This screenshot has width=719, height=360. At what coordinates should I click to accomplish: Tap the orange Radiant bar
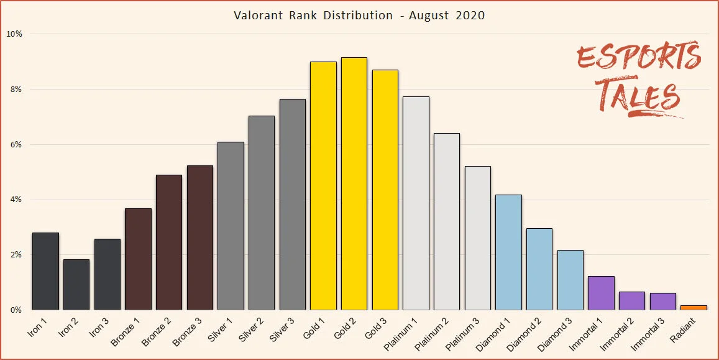point(694,307)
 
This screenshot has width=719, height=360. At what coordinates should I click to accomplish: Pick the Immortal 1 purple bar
point(601,293)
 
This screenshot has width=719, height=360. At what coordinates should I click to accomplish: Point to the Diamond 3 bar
point(570,280)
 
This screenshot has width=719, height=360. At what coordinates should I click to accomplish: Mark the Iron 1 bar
point(45,271)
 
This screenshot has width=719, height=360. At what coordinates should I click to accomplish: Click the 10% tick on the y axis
point(14,34)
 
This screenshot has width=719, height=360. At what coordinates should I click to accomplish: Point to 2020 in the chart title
point(470,15)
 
